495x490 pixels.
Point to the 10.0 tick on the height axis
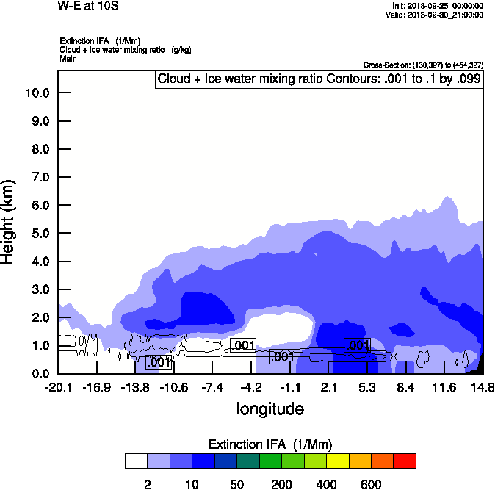[37, 93]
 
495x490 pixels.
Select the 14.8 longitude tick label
[482, 387]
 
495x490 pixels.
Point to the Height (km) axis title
[10, 221]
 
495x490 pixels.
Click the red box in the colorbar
[405, 461]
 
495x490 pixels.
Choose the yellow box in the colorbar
[337, 461]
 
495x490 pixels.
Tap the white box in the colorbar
[136, 461]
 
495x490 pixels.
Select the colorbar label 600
[371, 484]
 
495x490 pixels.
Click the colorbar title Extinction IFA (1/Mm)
[270, 444]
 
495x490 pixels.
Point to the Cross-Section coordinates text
[423, 65]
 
